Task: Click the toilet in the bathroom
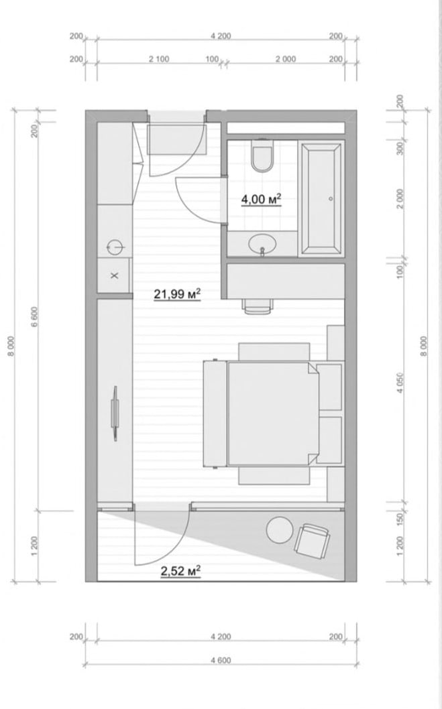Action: point(261,155)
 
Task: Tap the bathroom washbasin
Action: point(262,244)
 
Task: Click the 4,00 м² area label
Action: point(261,199)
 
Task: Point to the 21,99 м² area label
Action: point(178,294)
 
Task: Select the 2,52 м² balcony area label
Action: point(180,572)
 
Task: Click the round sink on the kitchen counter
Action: point(115,247)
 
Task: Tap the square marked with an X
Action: point(114,275)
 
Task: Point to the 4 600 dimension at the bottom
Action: point(221,661)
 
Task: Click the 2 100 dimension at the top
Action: point(159,59)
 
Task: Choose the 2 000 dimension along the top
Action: point(285,59)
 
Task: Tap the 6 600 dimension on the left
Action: point(34,316)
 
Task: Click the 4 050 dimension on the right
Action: point(400,383)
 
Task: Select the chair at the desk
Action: point(258,306)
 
